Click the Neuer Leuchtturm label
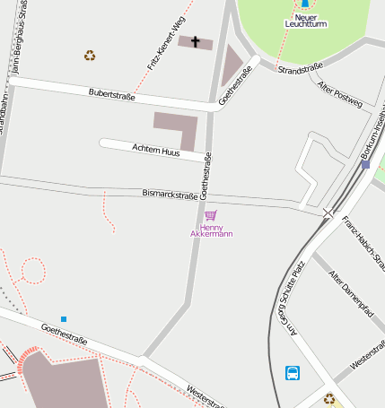[305, 20]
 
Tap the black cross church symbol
[196, 41]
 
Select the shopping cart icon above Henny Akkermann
[211, 215]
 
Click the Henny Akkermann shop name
[211, 230]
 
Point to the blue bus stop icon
[293, 373]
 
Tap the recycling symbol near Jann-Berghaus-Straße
[90, 56]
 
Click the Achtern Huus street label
[155, 152]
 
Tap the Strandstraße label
[301, 68]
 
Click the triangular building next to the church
[231, 66]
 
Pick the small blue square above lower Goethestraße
[64, 319]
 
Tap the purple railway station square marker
[365, 164]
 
